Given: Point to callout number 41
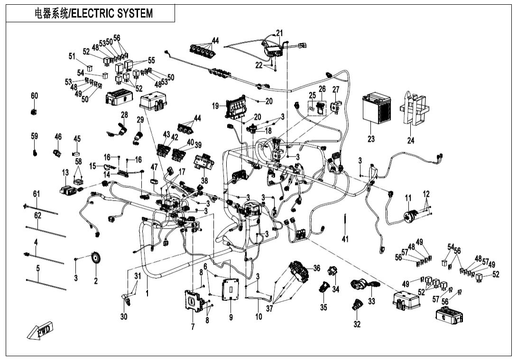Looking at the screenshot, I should [x=345, y=240].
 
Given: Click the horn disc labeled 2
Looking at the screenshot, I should [x=97, y=259].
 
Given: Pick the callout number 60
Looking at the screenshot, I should [x=34, y=96].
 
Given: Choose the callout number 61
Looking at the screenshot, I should [x=37, y=194].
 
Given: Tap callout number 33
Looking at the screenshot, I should [x=371, y=301].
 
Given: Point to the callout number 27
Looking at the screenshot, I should [x=336, y=90].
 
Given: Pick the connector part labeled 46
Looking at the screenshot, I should [x=57, y=153].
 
